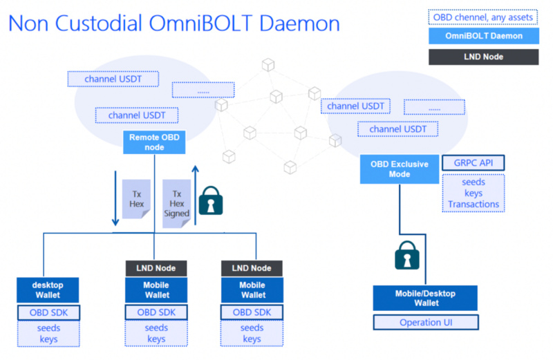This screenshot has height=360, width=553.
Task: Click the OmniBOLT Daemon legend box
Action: tap(483, 36)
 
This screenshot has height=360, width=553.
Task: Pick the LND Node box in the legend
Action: tap(483, 57)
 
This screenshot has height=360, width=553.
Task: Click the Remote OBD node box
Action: tap(154, 142)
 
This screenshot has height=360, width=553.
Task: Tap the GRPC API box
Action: tap(474, 163)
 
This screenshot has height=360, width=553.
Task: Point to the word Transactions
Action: tap(474, 204)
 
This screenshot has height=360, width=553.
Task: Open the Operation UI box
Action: tap(426, 322)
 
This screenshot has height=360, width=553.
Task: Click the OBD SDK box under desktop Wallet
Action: tap(48, 312)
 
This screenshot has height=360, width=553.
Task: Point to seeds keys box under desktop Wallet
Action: tap(48, 333)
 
